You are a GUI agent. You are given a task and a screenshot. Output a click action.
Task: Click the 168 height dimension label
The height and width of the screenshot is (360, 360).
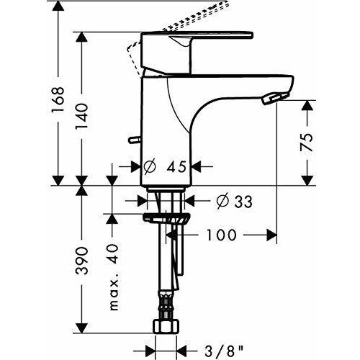[x=58, y=99]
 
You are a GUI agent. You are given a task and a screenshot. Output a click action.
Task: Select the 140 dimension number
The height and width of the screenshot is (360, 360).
[x=82, y=117]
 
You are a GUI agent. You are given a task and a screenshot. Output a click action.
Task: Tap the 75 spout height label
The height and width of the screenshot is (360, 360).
[x=307, y=143]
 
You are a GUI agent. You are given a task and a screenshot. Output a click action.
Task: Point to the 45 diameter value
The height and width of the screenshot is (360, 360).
[x=176, y=166]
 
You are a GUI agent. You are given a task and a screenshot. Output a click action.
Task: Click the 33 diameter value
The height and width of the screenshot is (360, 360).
[x=243, y=201]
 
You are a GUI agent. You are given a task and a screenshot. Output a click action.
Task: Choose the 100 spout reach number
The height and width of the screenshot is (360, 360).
[x=221, y=235]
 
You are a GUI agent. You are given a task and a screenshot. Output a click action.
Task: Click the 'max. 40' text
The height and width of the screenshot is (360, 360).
[x=114, y=277]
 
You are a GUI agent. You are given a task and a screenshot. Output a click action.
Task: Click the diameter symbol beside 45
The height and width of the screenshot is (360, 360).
[x=150, y=166]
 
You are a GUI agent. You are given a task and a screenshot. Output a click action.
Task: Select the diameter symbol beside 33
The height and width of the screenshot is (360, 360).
[x=222, y=201]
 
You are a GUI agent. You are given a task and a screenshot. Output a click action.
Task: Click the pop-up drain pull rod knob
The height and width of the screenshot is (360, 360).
[x=135, y=140]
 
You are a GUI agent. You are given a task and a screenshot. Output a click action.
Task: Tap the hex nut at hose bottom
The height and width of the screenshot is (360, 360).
[x=166, y=326]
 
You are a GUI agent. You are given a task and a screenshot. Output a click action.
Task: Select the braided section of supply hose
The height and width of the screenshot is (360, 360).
[x=166, y=305]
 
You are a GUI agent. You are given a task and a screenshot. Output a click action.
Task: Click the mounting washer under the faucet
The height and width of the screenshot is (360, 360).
[x=167, y=217]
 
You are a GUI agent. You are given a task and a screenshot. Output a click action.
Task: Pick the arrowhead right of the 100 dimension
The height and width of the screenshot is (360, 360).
[x=272, y=235]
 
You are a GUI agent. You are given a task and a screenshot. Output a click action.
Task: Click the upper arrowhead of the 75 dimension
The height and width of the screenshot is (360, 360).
[x=307, y=105]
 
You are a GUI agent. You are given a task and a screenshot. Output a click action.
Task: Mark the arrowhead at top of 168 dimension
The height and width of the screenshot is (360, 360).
[x=58, y=6]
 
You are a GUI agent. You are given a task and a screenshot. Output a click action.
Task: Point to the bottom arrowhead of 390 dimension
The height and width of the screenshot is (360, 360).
[x=82, y=328]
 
